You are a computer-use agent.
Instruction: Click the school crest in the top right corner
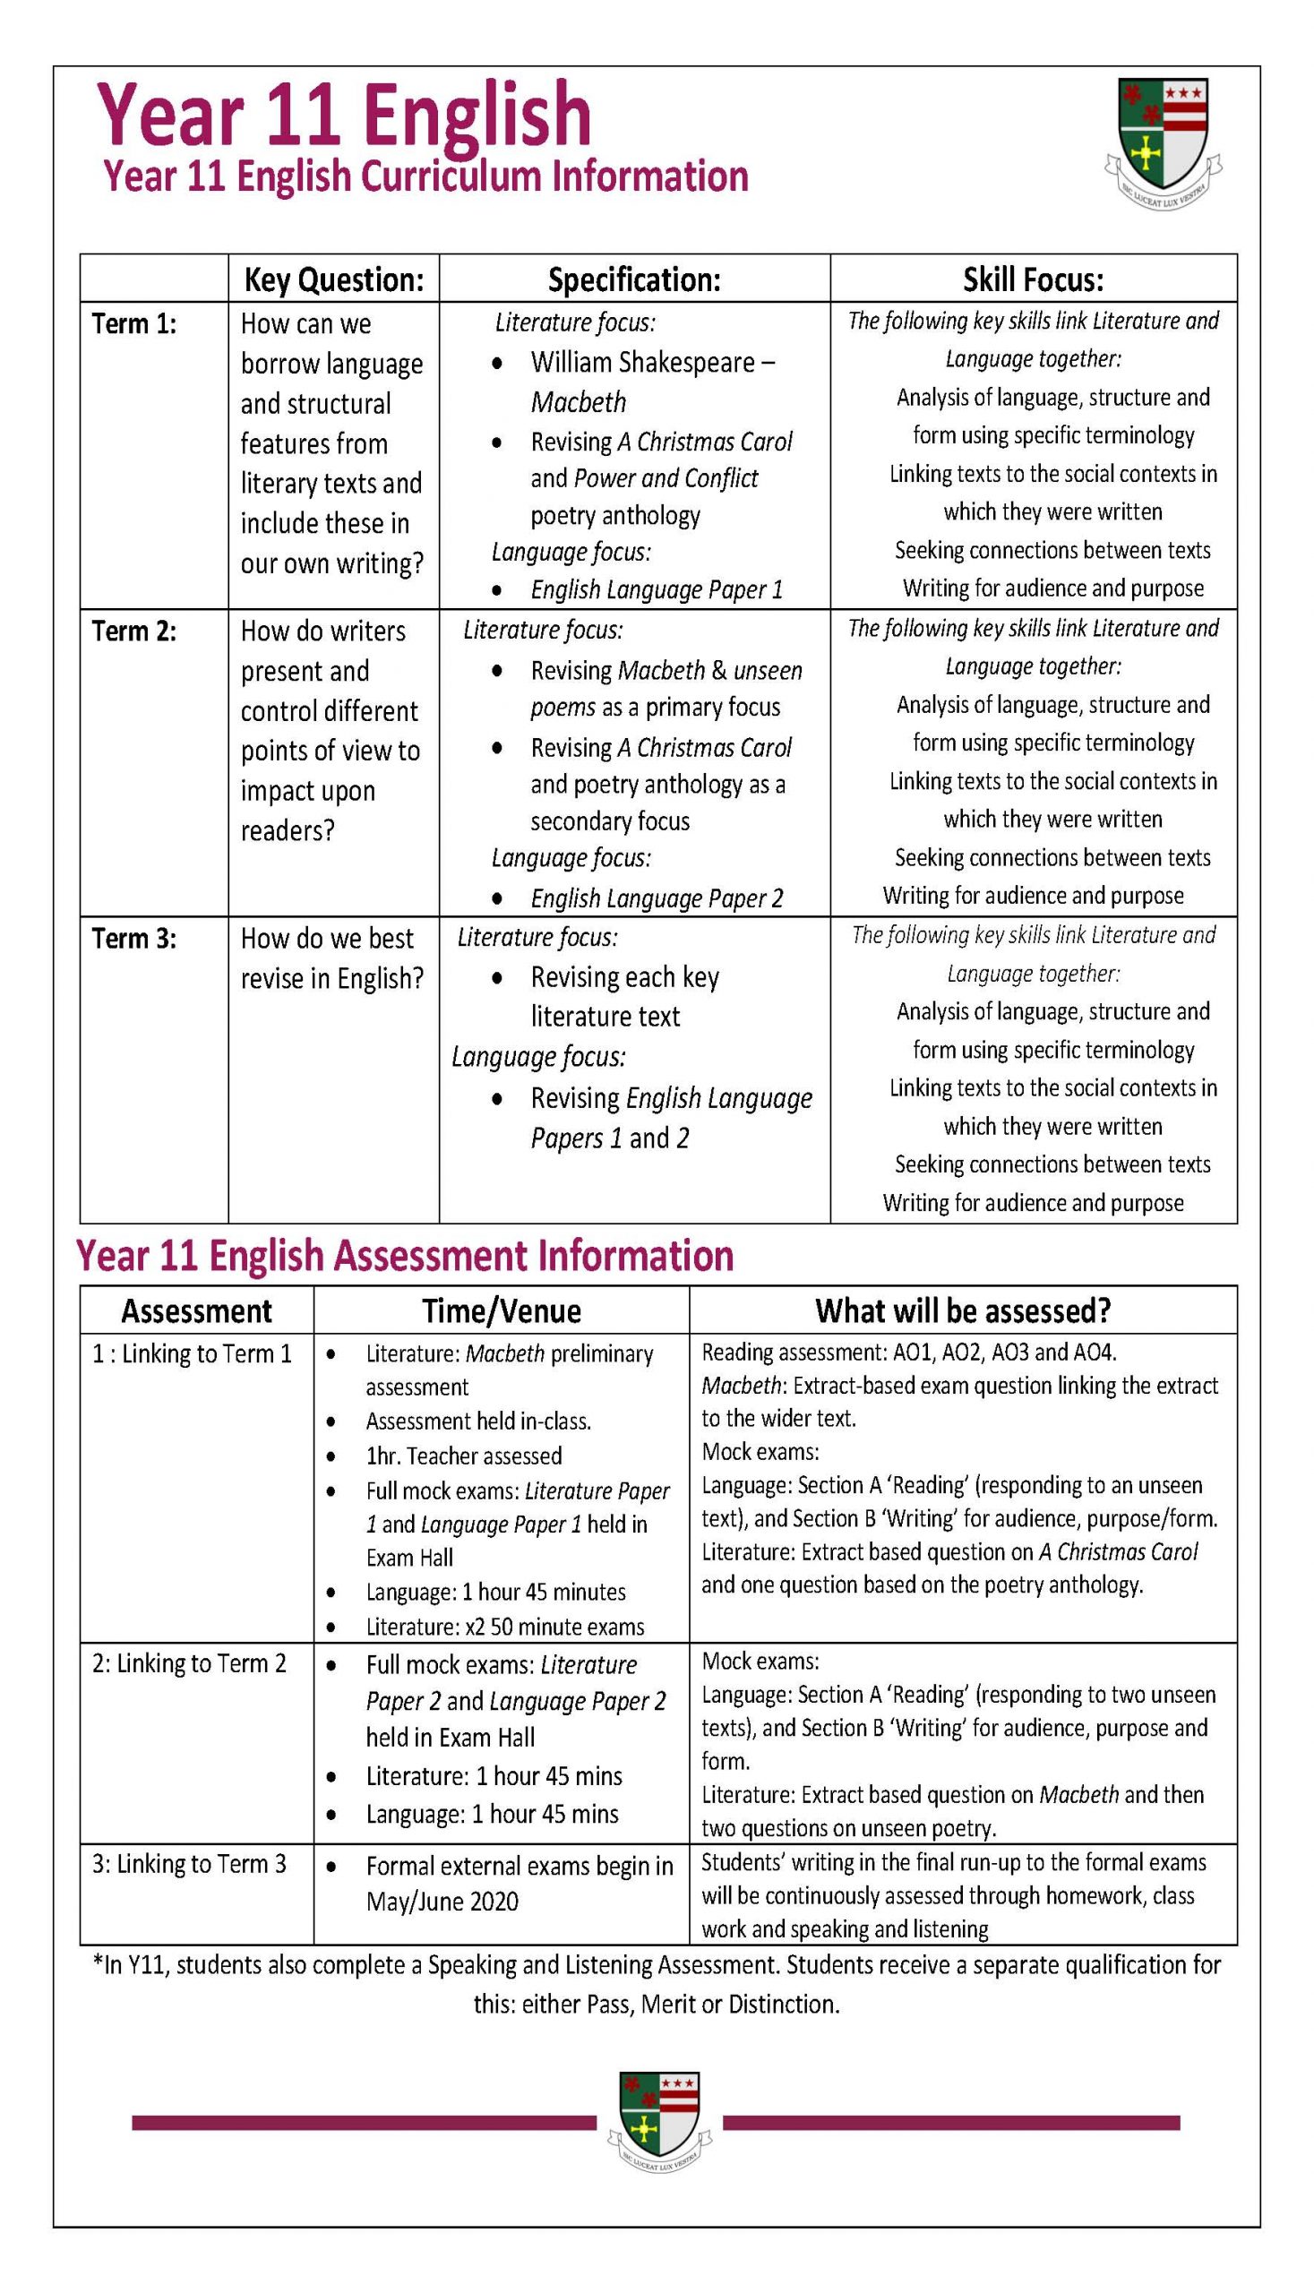(x=1163, y=142)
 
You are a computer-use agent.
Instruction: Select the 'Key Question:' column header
(x=333, y=279)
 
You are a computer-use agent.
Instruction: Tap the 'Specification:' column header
(x=633, y=279)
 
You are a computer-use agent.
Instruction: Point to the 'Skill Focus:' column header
(x=1033, y=279)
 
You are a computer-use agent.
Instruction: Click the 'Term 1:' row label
(x=134, y=323)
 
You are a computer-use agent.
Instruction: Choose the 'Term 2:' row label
(x=134, y=631)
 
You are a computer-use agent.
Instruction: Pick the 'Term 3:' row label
(x=134, y=939)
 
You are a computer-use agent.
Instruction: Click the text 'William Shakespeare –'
(x=651, y=362)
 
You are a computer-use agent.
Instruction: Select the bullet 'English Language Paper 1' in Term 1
(x=656, y=589)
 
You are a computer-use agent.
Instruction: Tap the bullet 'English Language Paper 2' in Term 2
(x=656, y=897)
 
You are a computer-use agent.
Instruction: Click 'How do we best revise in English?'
(x=331, y=958)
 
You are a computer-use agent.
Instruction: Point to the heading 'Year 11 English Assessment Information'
(x=404, y=1255)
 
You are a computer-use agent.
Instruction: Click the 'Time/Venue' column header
(x=501, y=1310)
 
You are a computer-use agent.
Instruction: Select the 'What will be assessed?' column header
(x=962, y=1310)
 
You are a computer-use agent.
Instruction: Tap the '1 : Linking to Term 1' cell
(x=193, y=1353)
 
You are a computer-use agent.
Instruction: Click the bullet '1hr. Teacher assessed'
(x=463, y=1456)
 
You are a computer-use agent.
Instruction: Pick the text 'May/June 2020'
(x=442, y=1902)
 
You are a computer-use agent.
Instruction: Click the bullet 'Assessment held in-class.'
(x=478, y=1421)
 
